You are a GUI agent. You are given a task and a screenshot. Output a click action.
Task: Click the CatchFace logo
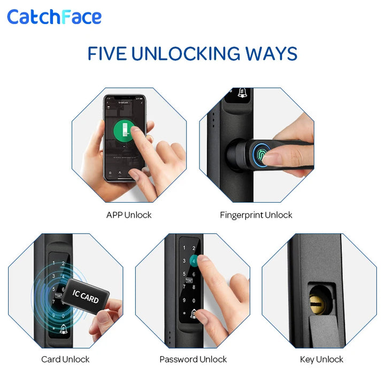(54, 17)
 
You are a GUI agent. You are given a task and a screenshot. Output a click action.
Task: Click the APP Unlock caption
(129, 215)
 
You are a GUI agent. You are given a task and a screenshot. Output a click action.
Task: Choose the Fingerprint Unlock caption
(256, 215)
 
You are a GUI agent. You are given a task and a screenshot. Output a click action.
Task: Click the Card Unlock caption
(65, 359)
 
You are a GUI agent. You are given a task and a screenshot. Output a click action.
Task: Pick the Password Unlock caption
(193, 359)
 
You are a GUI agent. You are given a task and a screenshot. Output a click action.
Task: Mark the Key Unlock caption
(321, 359)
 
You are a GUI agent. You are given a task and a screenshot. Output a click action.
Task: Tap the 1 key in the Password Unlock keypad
(185, 249)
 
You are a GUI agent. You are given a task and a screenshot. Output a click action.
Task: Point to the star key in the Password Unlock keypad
(185, 312)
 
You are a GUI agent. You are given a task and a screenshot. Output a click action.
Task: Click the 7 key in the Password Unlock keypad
(185, 287)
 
